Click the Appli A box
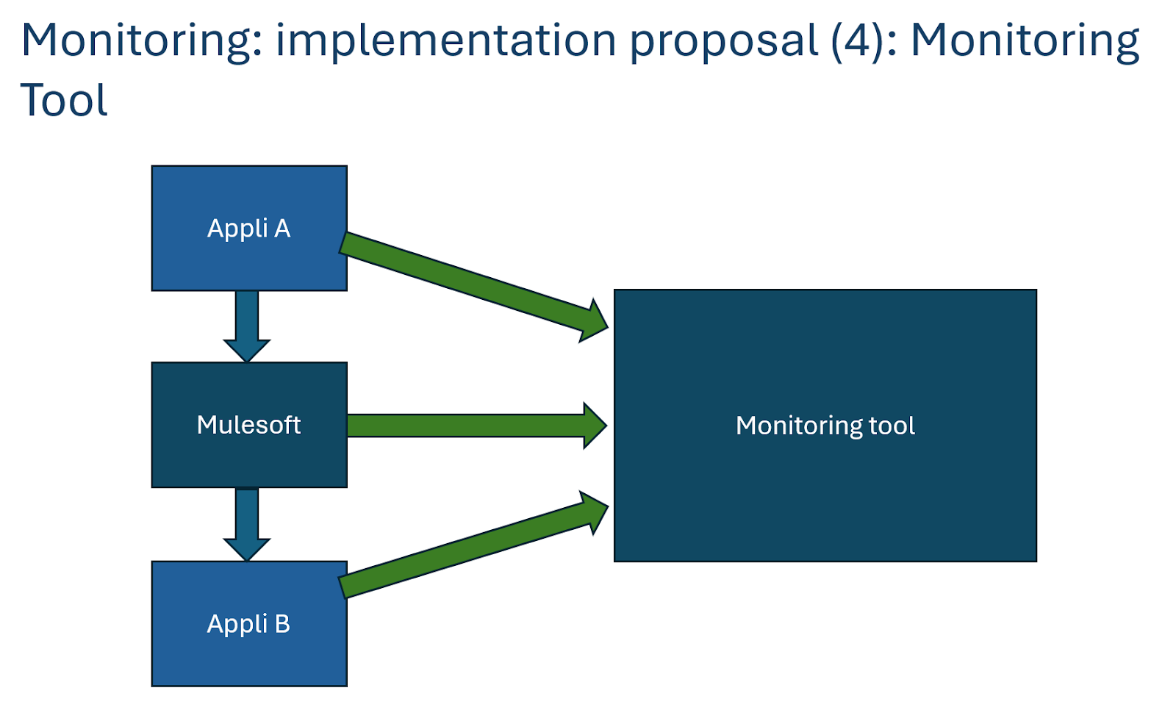pos(249,228)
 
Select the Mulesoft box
pos(249,425)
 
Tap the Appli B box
pos(249,623)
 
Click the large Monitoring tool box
pos(825,426)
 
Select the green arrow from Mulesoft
pos(477,426)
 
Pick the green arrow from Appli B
pos(473,545)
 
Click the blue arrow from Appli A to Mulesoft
pos(247,326)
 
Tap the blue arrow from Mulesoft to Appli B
pos(247,524)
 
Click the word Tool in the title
pos(63,100)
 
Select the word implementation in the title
pos(445,40)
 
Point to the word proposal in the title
pos(723,41)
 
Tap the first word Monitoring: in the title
pos(141,41)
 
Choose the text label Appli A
pos(249,229)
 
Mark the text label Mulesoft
pos(249,425)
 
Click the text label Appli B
pos(249,624)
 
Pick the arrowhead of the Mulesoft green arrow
pos(595,426)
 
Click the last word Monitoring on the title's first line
pos(1025,41)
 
